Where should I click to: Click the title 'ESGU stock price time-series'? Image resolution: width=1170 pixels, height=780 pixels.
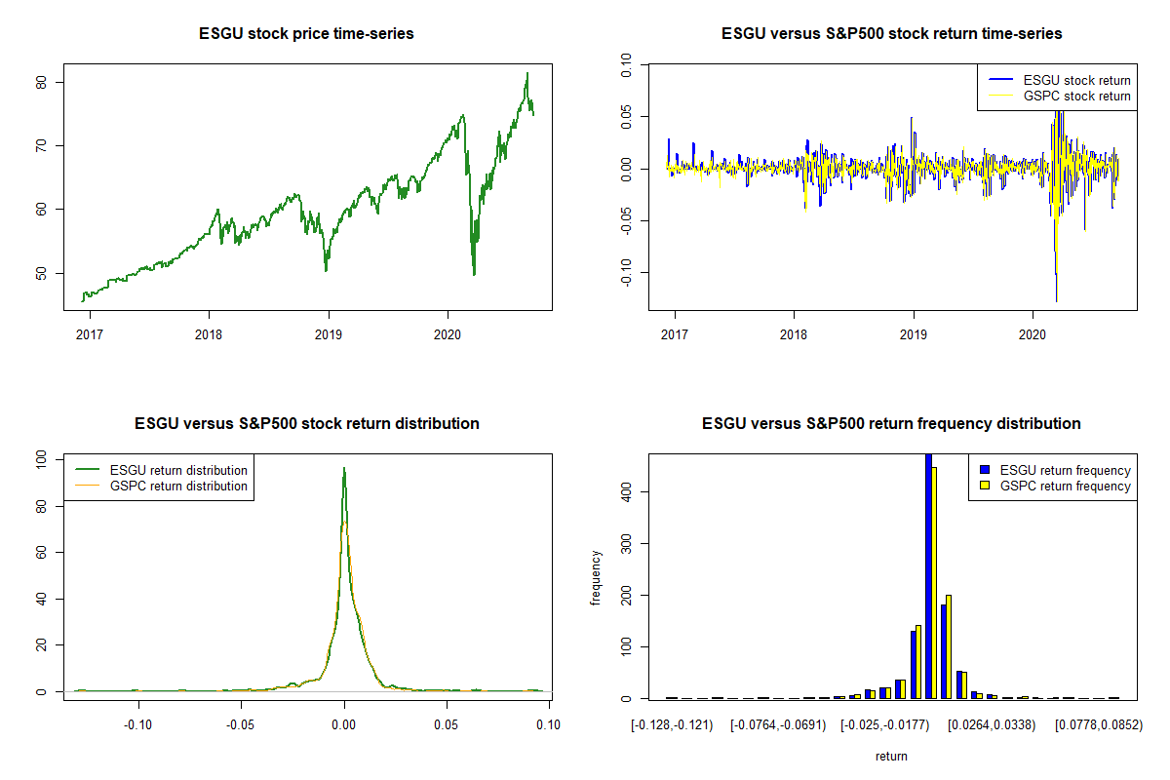click(x=307, y=34)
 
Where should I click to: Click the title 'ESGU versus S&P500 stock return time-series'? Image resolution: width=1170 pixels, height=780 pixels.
click(x=891, y=34)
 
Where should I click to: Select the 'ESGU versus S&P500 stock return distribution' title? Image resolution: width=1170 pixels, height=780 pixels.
click(x=307, y=424)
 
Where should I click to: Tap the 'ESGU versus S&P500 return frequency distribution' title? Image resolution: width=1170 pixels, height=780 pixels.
click(x=891, y=424)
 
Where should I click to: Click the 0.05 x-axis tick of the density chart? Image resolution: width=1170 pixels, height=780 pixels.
click(x=446, y=724)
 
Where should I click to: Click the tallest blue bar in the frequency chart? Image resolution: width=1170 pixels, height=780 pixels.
click(x=928, y=575)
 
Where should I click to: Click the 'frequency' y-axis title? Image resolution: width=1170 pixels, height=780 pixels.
click(x=596, y=578)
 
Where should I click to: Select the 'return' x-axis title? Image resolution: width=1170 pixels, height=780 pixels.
click(x=891, y=756)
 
